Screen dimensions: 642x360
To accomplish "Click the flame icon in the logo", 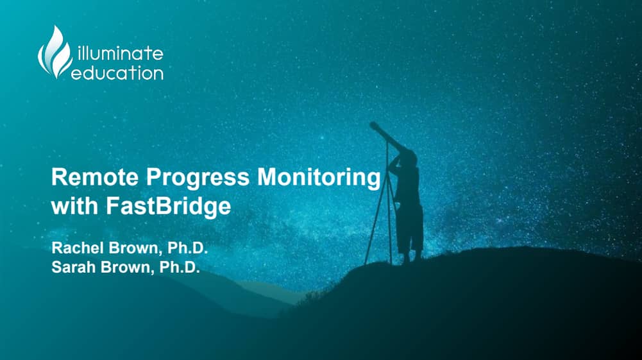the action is click(55, 53).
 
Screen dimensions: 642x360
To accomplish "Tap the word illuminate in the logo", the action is click(120, 53).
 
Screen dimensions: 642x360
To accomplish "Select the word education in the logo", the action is click(117, 73).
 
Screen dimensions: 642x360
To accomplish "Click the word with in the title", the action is click(75, 205).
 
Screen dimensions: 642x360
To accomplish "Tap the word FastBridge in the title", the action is click(168, 206).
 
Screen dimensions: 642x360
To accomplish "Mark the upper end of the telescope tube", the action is click(373, 125).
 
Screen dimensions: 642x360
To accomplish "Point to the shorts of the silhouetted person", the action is click(410, 227).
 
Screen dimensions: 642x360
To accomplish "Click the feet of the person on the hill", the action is click(412, 259).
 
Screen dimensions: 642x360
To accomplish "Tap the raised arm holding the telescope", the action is click(394, 162).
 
